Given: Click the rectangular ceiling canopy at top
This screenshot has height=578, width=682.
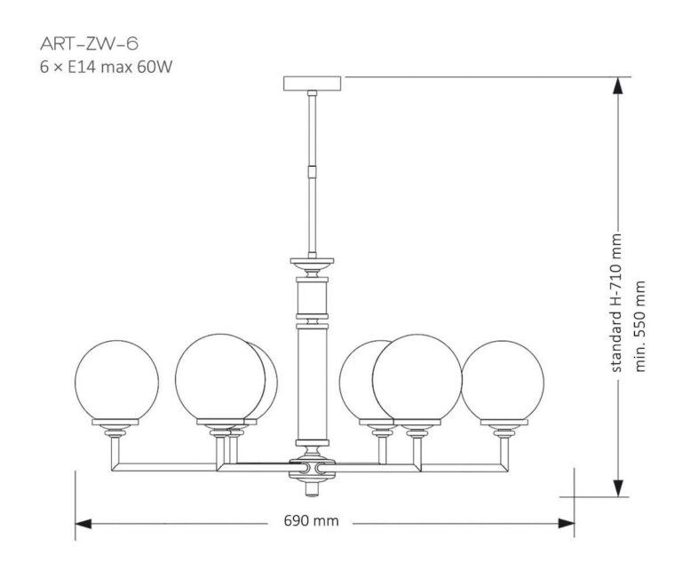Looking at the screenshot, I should (313, 83).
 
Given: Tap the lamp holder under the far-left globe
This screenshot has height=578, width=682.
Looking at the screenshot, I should (118, 430).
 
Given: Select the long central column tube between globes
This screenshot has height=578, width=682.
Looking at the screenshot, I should (313, 382).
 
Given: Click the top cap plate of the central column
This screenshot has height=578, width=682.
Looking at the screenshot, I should (313, 263).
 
